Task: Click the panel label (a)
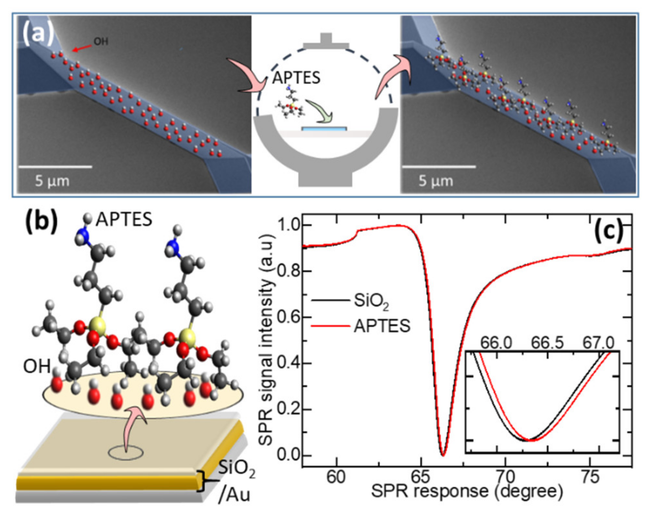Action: tap(38, 33)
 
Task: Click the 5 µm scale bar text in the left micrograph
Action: tap(52, 180)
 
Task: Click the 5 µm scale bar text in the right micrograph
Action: tap(436, 180)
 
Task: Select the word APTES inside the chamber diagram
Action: tap(296, 78)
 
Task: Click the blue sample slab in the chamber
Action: tap(324, 129)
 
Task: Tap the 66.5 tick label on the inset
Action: tap(547, 343)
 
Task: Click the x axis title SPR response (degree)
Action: tap(467, 491)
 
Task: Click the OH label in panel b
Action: tap(37, 366)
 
